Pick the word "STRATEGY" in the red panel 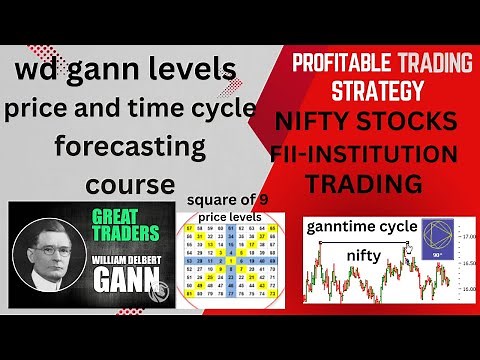point(372,91)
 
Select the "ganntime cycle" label point(361,227)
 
